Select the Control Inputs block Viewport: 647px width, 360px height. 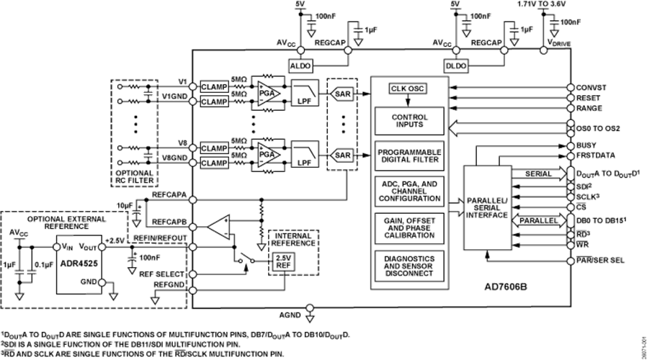point(409,120)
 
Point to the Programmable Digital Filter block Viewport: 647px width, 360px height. point(409,156)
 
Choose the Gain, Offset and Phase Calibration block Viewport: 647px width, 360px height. point(409,225)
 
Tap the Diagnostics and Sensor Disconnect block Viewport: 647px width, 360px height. point(409,264)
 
